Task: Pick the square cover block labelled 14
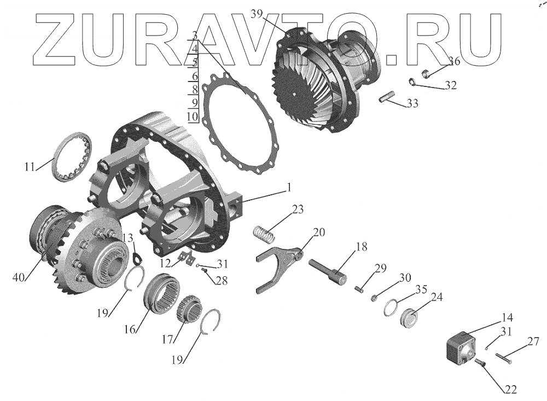pos(461,348)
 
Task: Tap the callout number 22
pos(510,390)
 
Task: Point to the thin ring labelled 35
pos(392,308)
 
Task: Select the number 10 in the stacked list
pos(191,117)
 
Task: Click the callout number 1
pos(288,187)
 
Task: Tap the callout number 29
pos(380,268)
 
